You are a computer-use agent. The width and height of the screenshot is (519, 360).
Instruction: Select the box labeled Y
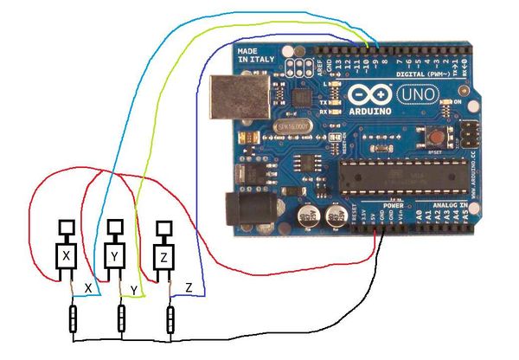115,255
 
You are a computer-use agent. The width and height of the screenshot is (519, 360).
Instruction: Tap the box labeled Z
165,257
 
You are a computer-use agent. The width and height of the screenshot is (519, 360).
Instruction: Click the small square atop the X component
66,227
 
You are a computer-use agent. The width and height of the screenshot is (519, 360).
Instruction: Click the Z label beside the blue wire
189,285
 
